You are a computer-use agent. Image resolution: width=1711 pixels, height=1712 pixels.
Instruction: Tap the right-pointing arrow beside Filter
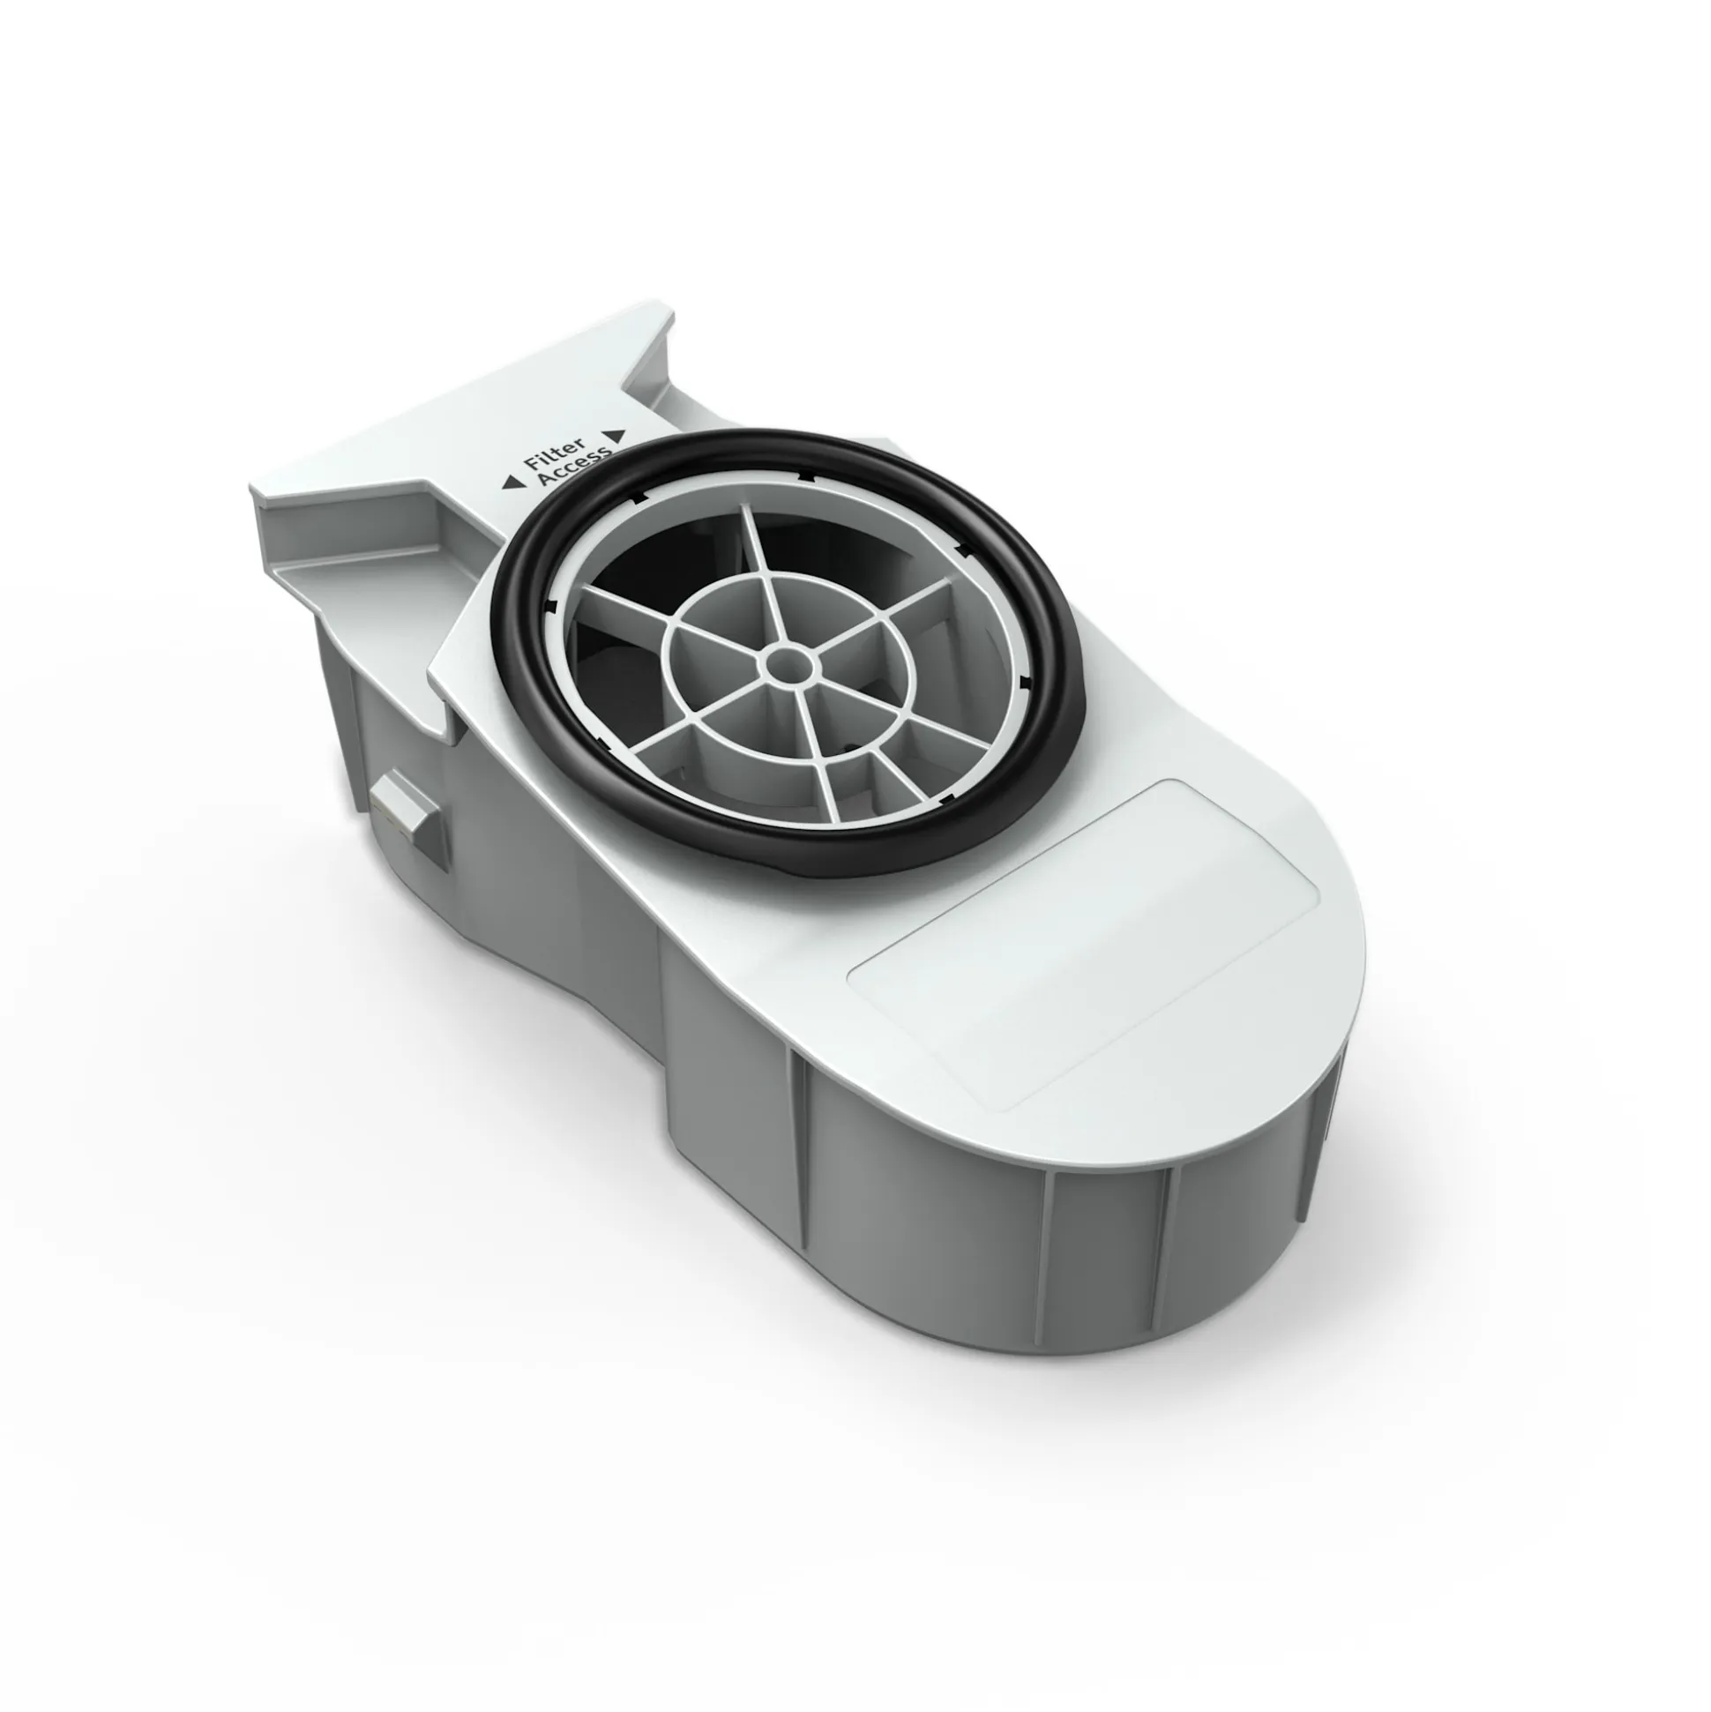pos(617,435)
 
